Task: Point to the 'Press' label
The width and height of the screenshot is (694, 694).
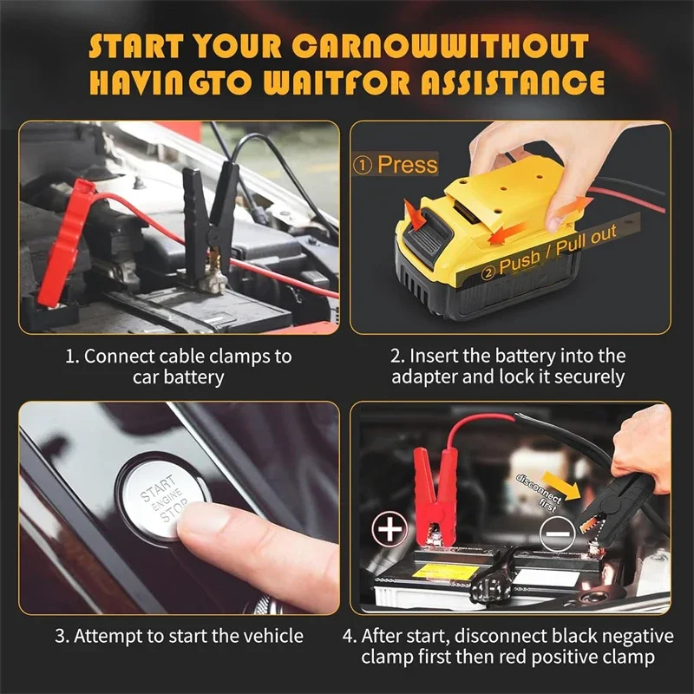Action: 397,164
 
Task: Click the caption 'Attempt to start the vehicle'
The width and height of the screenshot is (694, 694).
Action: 180,636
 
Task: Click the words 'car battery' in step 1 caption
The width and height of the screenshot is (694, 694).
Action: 179,377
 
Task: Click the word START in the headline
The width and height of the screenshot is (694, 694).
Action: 140,47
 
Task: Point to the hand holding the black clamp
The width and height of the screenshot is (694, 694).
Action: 642,451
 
